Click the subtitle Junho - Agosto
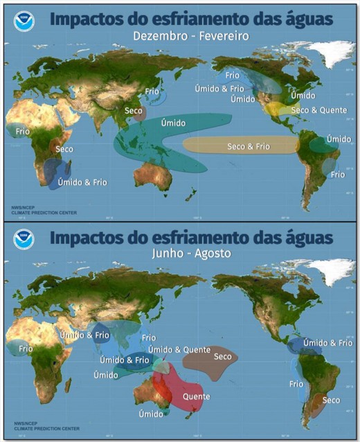click(192, 254)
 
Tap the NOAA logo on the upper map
click(24, 21)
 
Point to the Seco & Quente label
click(314, 110)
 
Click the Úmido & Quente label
click(179, 350)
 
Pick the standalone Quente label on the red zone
click(196, 397)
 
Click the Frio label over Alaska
click(232, 75)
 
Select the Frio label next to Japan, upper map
click(152, 91)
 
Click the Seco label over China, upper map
click(133, 111)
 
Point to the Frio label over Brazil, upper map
click(337, 175)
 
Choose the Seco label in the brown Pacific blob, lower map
click(222, 357)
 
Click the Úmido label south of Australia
click(150, 414)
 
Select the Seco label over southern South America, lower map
click(331, 400)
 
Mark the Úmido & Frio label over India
click(84, 335)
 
